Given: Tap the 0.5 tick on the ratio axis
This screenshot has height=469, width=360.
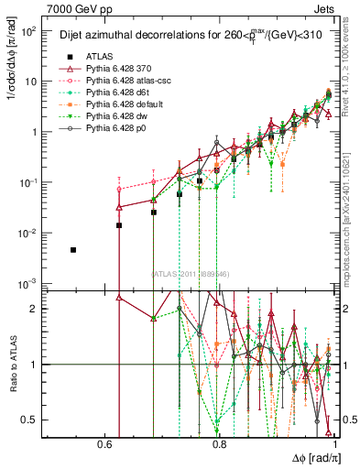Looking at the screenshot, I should point(32,420).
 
